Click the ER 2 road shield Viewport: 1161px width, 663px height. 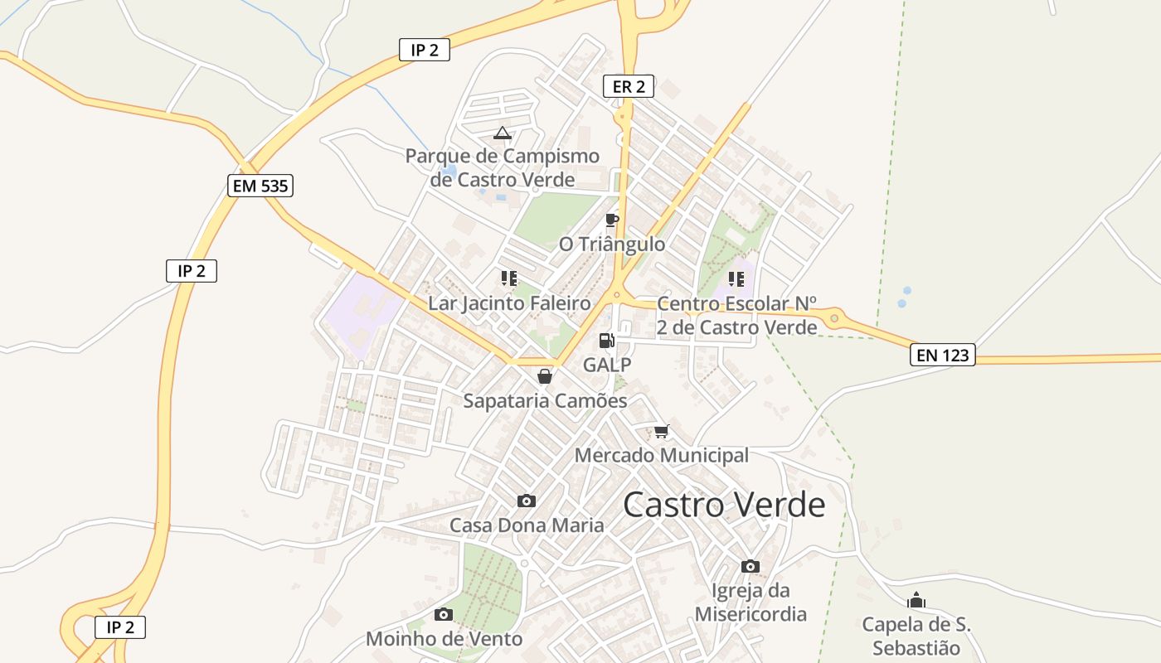(629, 85)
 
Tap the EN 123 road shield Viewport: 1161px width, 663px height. (943, 356)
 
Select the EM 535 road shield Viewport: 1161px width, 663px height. (260, 186)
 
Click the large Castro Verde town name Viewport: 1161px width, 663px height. (724, 505)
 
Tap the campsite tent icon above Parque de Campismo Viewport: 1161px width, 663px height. (502, 133)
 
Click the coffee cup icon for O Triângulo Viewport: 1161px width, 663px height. (612, 220)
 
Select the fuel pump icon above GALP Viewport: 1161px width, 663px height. (607, 340)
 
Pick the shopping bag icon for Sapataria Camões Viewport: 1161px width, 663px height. (545, 376)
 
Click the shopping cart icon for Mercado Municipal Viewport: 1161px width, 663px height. (661, 431)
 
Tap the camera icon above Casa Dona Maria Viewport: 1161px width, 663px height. (527, 501)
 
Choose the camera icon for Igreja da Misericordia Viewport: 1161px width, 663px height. (751, 566)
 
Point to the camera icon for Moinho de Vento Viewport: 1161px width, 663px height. (444, 614)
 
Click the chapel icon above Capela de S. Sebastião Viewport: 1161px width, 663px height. (916, 600)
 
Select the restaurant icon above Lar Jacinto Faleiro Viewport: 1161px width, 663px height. (509, 278)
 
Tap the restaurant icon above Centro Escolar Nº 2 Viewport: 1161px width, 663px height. (736, 278)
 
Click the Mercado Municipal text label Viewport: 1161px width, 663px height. (661, 455)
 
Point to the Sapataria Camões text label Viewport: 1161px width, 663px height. (545, 400)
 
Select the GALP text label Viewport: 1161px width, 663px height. (607, 365)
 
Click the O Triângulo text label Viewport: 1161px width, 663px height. (612, 244)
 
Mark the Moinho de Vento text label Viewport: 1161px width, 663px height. (444, 639)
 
